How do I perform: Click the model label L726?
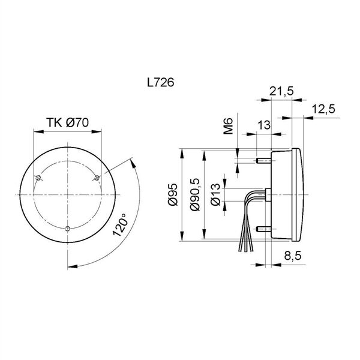click(160, 82)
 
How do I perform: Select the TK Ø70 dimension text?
click(67, 122)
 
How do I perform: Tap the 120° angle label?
click(120, 225)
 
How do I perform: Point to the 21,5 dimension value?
click(281, 91)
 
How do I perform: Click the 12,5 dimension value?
click(323, 109)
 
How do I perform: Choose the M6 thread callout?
click(228, 126)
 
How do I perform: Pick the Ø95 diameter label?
click(173, 194)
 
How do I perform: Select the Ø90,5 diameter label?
click(195, 194)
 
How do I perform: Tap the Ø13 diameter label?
click(215, 194)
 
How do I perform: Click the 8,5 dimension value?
click(293, 256)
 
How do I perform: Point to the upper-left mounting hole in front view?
click(38, 178)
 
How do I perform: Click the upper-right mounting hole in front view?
click(97, 178)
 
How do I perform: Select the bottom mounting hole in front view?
click(67, 228)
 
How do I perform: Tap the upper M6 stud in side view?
click(263, 160)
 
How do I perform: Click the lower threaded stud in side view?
click(263, 229)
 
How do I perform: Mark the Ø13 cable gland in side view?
click(268, 194)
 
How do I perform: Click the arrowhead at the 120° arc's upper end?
click(133, 162)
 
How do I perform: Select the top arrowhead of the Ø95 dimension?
click(182, 154)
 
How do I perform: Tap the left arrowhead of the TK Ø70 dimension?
click(38, 131)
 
